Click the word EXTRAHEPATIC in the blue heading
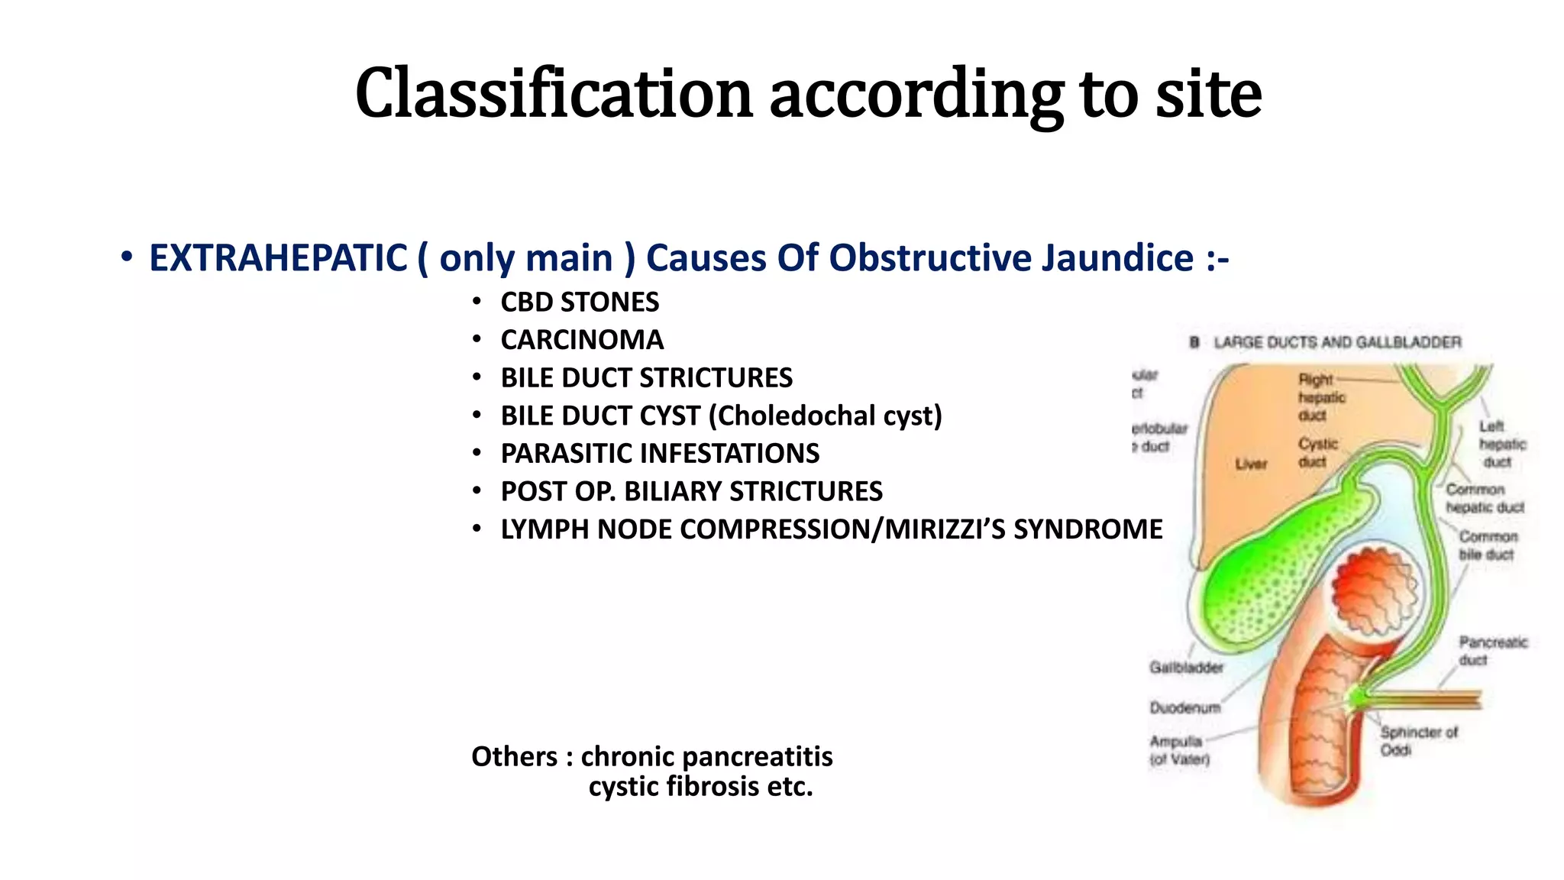(x=278, y=258)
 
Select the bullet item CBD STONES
(x=579, y=302)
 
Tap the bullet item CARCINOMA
(x=582, y=340)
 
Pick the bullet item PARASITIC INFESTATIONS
(x=660, y=454)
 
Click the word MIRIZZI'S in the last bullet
(x=945, y=529)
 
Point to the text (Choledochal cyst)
(x=826, y=416)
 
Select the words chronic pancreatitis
(x=706, y=756)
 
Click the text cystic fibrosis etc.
(x=700, y=787)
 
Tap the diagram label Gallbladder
(x=1186, y=668)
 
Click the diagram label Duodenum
(x=1184, y=708)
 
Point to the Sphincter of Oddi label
(x=1418, y=740)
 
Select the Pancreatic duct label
(x=1492, y=650)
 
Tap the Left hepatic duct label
(x=1501, y=444)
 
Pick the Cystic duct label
(x=1318, y=453)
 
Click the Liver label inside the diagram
(x=1251, y=464)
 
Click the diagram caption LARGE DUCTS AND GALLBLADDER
(x=1336, y=342)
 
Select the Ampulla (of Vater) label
(x=1179, y=750)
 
